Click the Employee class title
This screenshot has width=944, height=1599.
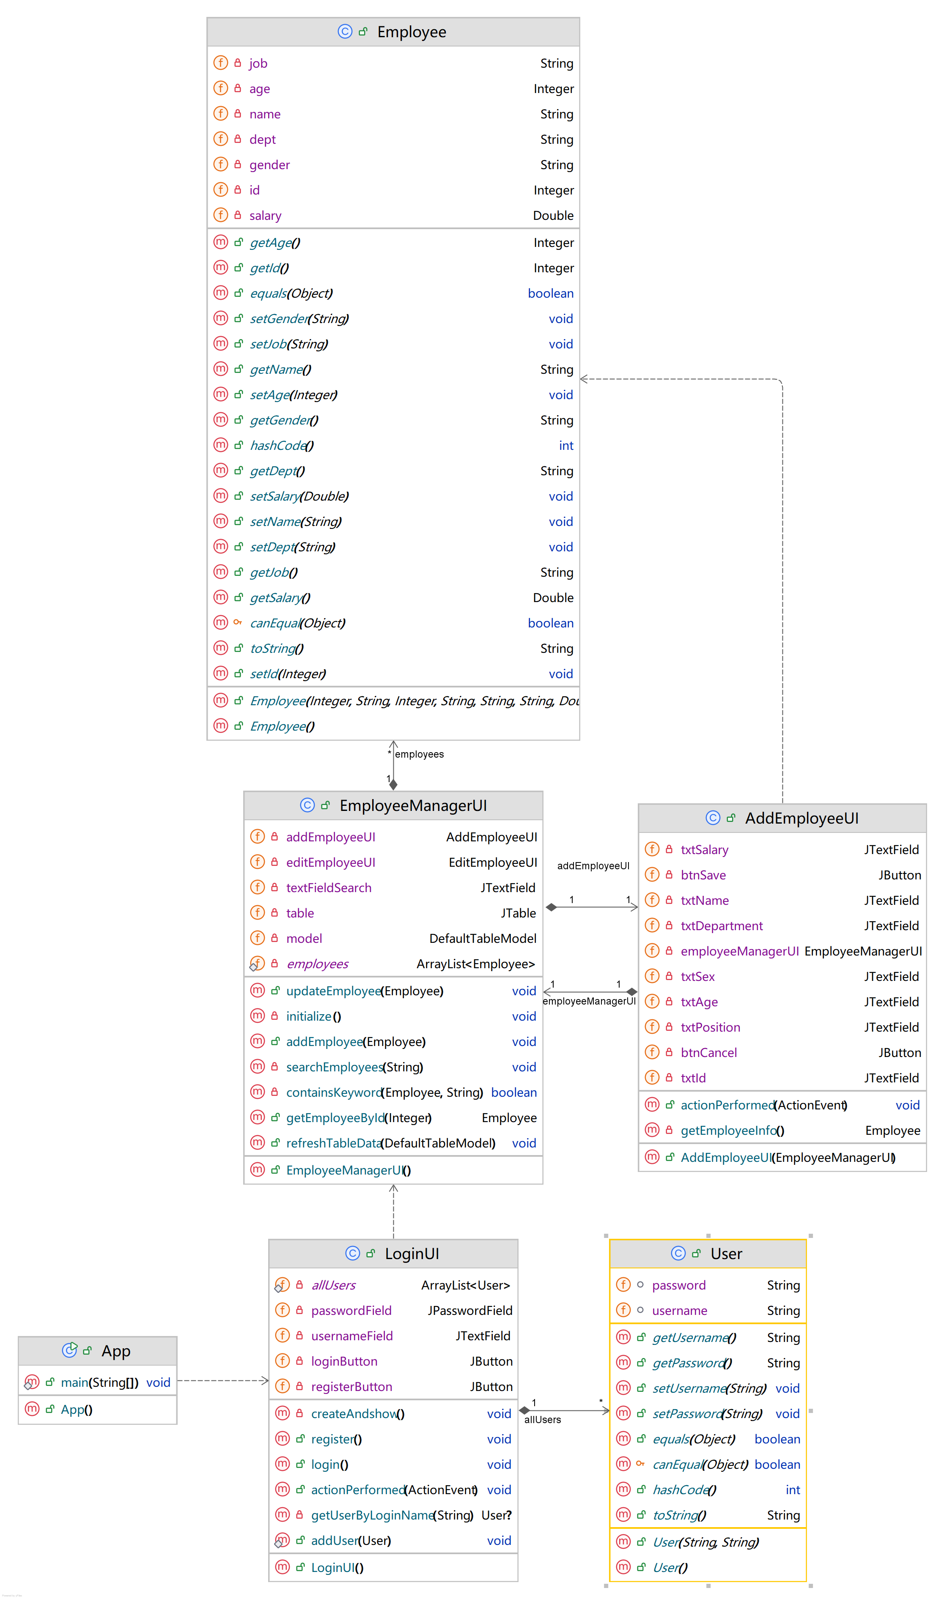[411, 32]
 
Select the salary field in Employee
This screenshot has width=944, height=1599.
[265, 216]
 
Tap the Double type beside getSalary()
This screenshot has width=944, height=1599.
[553, 598]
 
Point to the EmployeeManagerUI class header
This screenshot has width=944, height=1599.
[413, 805]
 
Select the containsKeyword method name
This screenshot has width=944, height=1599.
[334, 1092]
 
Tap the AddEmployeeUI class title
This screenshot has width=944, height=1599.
[801, 818]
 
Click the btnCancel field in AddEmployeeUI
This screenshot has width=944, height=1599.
[709, 1053]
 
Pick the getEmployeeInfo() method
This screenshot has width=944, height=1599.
[732, 1131]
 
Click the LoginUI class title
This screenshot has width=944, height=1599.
[412, 1254]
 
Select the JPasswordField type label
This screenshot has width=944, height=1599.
[469, 1310]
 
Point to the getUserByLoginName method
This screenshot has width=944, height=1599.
[372, 1515]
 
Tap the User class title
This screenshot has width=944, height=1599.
[726, 1254]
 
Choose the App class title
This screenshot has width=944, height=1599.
[116, 1351]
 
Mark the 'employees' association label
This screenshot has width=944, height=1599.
[419, 754]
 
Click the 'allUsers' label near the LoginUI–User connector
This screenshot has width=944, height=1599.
[543, 1420]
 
